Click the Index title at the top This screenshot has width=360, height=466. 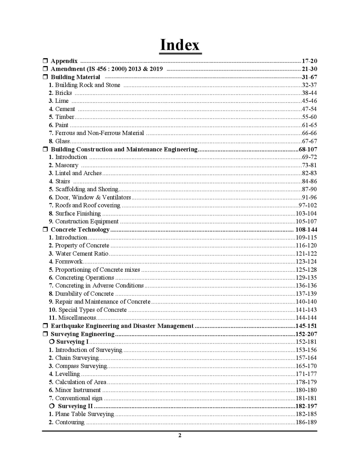tap(180, 45)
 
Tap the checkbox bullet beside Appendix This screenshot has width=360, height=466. tap(45, 61)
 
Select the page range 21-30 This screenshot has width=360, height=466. tap(309, 69)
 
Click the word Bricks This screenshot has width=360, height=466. tap(63, 93)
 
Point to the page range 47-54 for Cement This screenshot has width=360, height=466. tap(309, 109)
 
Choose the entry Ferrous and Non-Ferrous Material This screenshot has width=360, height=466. tap(99, 133)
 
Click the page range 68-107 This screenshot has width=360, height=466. tap(308, 149)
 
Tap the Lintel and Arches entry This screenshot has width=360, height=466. tap(78, 173)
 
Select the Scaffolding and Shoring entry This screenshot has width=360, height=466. tap(87, 189)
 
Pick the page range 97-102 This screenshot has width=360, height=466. tap(308, 205)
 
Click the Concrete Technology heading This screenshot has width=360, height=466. tap(80, 230)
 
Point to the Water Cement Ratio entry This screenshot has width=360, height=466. tap(82, 254)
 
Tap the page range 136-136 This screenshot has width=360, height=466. tap(306, 286)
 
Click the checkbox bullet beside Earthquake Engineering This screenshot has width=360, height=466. tap(45, 326)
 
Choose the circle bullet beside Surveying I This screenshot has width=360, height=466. tap(52, 342)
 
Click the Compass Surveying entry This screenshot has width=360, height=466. tap(81, 366)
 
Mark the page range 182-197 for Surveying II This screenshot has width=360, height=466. tap(306, 406)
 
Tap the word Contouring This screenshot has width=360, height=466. tap(70, 422)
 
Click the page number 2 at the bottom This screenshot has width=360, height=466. tap(180, 435)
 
